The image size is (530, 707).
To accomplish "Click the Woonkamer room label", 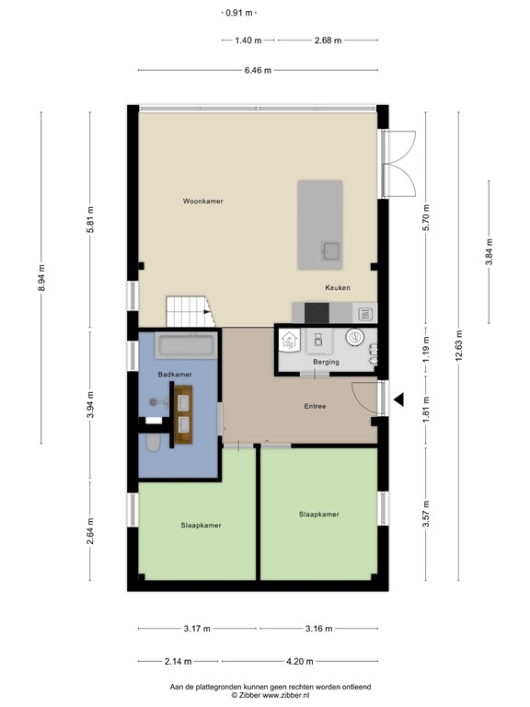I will pyautogui.click(x=202, y=200).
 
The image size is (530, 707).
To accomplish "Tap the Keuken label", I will pyautogui.click(x=338, y=288).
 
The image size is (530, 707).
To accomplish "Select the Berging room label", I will pyautogui.click(x=326, y=362).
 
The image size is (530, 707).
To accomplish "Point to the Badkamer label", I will pyautogui.click(x=175, y=375).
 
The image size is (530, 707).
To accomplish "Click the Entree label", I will pyautogui.click(x=316, y=406).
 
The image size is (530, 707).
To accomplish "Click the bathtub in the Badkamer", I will pyautogui.click(x=187, y=347).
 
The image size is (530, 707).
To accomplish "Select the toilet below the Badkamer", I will pyautogui.click(x=154, y=445).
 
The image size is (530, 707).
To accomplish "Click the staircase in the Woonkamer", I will pyautogui.click(x=189, y=311).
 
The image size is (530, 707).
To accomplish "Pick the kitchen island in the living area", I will pyautogui.click(x=319, y=225).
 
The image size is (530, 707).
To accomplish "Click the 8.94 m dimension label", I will pyautogui.click(x=40, y=276).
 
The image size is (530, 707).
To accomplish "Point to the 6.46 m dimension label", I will pyautogui.click(x=258, y=70).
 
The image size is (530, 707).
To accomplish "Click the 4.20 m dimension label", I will pyautogui.click(x=300, y=661).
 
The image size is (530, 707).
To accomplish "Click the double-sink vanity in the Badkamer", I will pyautogui.click(x=183, y=411).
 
